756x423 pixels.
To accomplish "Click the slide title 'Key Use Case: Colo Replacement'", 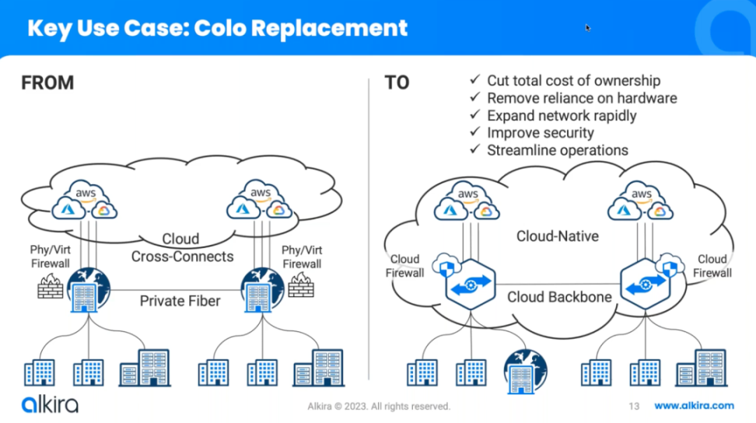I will [x=217, y=28].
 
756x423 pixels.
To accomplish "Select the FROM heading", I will [x=47, y=82].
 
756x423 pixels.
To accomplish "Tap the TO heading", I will [x=397, y=82].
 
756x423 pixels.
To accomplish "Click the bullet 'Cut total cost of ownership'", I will [x=573, y=81].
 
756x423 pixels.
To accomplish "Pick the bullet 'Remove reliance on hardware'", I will [x=582, y=98].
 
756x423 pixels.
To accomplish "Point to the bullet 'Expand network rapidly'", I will [x=562, y=116].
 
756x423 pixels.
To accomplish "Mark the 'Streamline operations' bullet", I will [x=558, y=150].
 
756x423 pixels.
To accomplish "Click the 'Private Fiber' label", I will [x=180, y=302].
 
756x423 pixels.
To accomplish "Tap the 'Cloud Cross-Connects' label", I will [x=182, y=248].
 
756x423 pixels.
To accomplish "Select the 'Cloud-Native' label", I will [x=558, y=236].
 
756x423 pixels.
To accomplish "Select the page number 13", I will [x=633, y=406].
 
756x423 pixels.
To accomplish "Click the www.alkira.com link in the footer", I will [x=694, y=406].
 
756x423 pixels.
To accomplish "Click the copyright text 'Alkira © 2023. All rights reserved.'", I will [x=378, y=406].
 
